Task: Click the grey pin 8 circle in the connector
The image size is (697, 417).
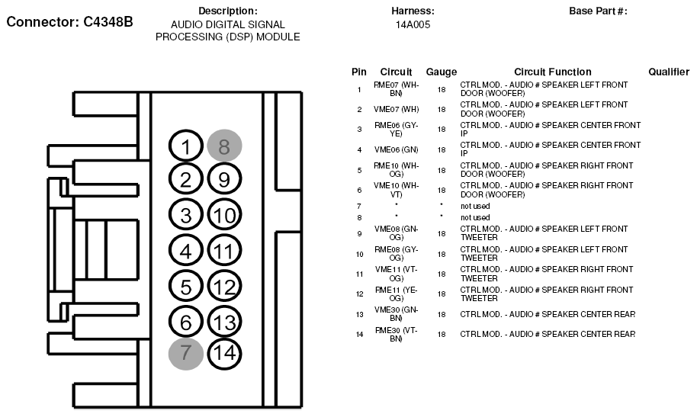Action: point(223,145)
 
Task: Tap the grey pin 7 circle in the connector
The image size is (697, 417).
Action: point(186,352)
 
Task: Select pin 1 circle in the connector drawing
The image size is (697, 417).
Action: point(186,146)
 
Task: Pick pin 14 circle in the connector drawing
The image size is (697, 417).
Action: point(223,352)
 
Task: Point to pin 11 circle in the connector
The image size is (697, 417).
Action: point(223,249)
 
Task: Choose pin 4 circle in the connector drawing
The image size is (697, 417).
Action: point(186,249)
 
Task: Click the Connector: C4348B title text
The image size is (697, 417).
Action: point(69,21)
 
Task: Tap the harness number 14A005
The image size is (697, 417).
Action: point(413,24)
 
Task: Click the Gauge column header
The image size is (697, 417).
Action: point(441,72)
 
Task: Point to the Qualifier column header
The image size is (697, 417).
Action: point(669,72)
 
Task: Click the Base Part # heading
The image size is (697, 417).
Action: point(598,11)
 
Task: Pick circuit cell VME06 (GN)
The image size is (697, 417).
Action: point(396,149)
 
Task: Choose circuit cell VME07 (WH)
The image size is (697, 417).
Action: point(396,109)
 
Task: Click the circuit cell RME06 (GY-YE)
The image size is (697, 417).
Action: point(396,129)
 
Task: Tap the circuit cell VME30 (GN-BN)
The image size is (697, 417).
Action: point(396,314)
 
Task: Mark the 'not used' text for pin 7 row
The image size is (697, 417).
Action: point(475,206)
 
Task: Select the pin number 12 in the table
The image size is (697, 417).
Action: point(359,294)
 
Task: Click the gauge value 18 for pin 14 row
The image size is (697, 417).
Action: point(441,334)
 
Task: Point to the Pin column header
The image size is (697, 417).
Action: point(359,72)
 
